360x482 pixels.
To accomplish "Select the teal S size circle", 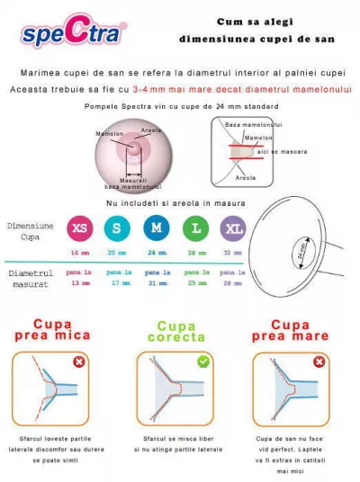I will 118,228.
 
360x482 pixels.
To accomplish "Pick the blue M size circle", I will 157,228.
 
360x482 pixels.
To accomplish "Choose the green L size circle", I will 195,228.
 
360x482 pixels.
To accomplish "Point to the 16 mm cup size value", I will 80,254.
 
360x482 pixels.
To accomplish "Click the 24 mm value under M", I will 157,254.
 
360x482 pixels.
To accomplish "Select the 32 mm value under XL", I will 233,254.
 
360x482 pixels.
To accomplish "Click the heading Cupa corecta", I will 176,332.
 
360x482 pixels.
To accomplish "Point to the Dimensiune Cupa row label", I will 31,230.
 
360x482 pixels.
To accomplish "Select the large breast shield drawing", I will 297,253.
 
